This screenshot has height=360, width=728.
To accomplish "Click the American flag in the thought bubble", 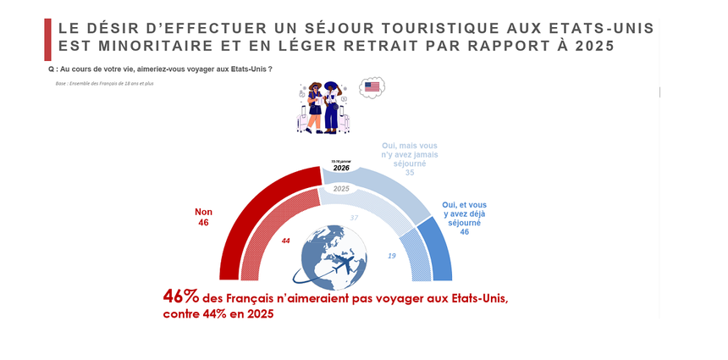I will pos(372,86).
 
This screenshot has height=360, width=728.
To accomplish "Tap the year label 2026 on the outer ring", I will pos(341,168).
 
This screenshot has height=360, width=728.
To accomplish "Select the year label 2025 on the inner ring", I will pos(341,190).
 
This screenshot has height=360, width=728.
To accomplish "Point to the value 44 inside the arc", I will pos(286,241).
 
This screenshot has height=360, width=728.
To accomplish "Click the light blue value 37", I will pos(354,218).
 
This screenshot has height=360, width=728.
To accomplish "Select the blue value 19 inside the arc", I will pos(391,255).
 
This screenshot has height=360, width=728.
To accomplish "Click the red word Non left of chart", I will pos(203,212).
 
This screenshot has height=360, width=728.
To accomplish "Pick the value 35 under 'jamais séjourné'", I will pos(409,173).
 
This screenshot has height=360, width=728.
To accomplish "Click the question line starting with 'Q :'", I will pos(161,69).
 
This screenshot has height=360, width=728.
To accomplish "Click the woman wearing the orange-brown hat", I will pos(314,107).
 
